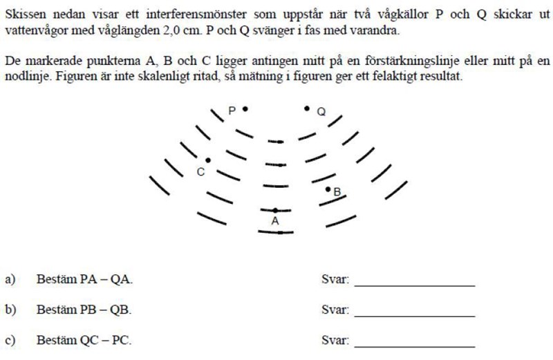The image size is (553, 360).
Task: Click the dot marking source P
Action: click(x=245, y=108)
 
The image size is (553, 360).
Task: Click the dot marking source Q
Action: click(x=307, y=108)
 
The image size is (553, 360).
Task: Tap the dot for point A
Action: click(x=275, y=209)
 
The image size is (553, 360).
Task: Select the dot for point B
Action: click(x=328, y=188)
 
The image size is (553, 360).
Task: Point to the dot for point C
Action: click(x=208, y=160)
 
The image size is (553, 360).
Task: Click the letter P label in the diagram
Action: click(x=233, y=111)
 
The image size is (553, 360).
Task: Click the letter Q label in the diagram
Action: click(x=321, y=112)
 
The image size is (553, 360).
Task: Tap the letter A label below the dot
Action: click(x=275, y=221)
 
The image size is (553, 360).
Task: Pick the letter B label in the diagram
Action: click(x=337, y=193)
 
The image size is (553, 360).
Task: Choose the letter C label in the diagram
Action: click(x=200, y=172)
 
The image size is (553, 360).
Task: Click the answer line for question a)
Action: click(x=414, y=285)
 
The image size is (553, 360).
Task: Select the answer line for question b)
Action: click(x=414, y=316)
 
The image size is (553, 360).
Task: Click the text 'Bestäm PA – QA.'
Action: click(x=84, y=280)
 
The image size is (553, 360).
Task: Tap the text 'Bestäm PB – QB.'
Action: click(x=84, y=310)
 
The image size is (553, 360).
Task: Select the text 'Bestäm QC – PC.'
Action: click(x=84, y=341)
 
